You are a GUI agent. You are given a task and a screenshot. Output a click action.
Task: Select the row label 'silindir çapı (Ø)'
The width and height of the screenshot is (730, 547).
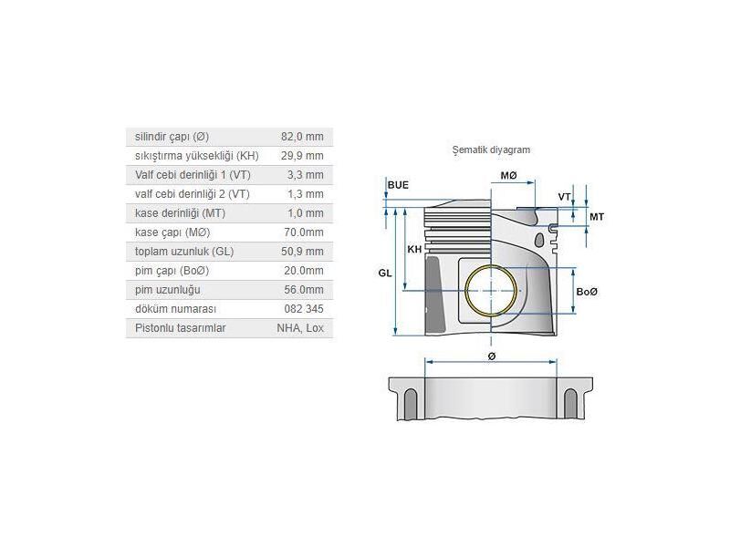click(172, 137)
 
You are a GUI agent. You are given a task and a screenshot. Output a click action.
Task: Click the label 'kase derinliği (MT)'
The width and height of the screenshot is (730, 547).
click(180, 213)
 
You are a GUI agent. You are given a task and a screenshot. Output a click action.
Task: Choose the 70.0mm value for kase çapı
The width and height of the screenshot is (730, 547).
click(305, 232)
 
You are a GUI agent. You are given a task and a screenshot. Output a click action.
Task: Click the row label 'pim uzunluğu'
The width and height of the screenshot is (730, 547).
click(167, 290)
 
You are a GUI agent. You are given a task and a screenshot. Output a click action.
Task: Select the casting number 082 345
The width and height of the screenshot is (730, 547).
click(304, 309)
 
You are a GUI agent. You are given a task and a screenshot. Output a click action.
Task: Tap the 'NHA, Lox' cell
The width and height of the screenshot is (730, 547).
click(300, 328)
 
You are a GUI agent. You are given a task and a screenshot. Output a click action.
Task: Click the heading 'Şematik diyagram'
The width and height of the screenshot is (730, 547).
click(491, 150)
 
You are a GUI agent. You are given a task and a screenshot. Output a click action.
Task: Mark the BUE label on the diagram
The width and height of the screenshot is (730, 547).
click(398, 185)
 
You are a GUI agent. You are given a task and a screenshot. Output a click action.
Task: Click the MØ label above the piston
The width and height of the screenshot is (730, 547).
click(508, 175)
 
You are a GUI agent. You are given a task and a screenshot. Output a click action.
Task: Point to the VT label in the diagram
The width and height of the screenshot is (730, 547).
click(564, 197)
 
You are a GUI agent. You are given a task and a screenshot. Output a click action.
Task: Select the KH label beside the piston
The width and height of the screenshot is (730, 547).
click(414, 249)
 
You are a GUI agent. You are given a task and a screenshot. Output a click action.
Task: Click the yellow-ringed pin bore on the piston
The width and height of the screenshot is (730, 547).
click(492, 290)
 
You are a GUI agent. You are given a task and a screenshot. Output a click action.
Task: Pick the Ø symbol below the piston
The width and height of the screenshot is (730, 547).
click(492, 356)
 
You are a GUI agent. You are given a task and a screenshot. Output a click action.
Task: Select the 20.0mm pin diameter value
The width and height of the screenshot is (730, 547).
click(304, 271)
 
